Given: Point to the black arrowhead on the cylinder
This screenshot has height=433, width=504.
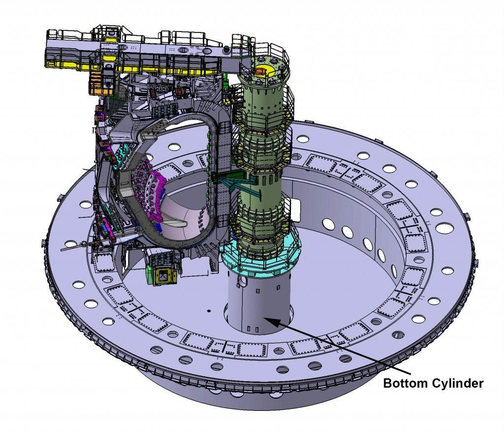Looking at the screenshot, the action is coord(271,321).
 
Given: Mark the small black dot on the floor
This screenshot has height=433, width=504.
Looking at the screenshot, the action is coord(209,311).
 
